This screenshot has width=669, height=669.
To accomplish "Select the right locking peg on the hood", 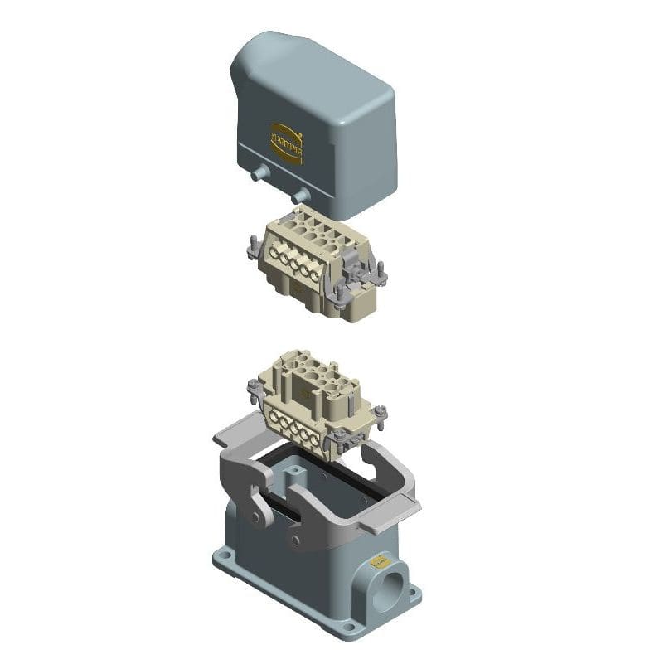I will (x=300, y=196).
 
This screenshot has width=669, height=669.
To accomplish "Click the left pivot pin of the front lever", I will (x=257, y=517).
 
